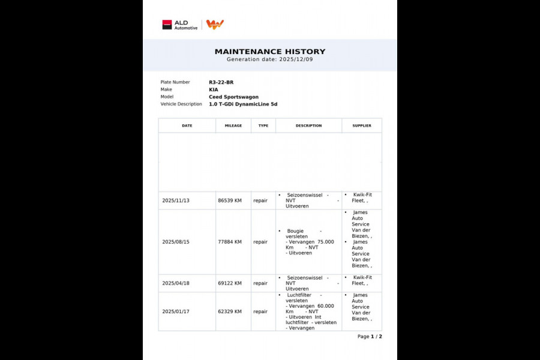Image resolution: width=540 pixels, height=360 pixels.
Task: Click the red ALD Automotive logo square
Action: [x=167, y=25]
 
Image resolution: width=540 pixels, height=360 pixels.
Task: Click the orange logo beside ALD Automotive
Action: [x=215, y=24]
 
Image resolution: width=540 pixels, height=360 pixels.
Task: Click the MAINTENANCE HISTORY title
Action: [x=270, y=52]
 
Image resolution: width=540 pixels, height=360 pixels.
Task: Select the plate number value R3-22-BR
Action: [x=221, y=82]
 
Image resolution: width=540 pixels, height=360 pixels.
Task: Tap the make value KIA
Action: [x=214, y=89]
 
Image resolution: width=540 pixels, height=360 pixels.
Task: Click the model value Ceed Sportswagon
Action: [x=233, y=97]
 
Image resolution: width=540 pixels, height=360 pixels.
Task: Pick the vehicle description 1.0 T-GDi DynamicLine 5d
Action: [x=243, y=104]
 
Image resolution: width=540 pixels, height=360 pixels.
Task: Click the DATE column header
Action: [x=187, y=125]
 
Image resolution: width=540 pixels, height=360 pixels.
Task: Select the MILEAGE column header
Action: [x=233, y=125]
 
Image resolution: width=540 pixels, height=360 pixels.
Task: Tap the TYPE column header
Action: [x=263, y=125]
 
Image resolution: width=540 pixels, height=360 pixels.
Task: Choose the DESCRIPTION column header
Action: [x=308, y=125]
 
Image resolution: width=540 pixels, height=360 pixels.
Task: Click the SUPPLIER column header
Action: [x=362, y=125]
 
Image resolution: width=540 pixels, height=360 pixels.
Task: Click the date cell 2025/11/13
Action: [x=176, y=200]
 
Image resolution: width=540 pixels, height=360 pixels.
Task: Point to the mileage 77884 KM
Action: [x=230, y=242]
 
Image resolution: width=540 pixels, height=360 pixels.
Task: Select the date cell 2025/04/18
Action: [x=176, y=283]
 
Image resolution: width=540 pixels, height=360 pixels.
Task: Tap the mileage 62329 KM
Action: [x=230, y=311]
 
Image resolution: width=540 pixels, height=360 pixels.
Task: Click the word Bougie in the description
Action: [x=295, y=230]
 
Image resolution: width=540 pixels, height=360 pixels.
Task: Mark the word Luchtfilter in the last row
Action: [x=299, y=295]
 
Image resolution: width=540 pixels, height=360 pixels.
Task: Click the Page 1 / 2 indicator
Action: [x=370, y=337]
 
